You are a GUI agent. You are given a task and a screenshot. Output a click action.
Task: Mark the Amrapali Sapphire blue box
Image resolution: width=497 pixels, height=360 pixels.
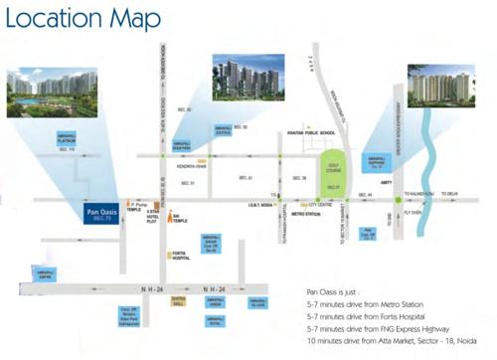pyautogui.click(x=376, y=162)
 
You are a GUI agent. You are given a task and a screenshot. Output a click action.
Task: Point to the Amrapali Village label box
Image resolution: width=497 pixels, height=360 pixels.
pyautogui.click(x=257, y=304)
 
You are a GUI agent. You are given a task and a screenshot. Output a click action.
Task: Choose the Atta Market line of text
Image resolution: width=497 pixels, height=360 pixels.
pyautogui.click(x=392, y=339)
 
